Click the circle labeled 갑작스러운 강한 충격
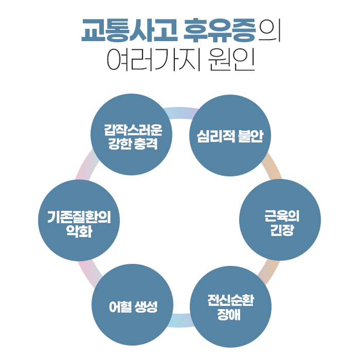131,134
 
